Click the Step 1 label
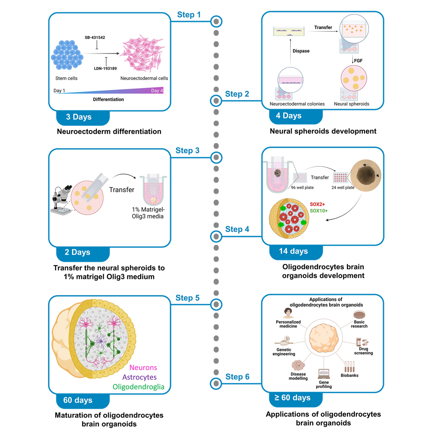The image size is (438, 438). click(189, 15)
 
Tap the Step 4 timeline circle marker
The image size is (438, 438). click(215, 237)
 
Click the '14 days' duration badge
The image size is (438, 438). click(293, 251)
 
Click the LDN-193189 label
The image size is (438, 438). click(106, 68)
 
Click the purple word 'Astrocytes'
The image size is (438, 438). click(140, 377)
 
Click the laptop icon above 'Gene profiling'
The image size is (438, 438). click(324, 374)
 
